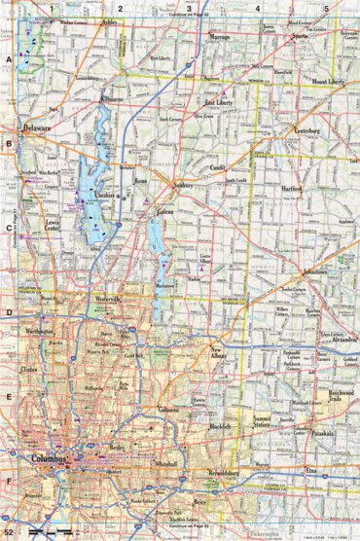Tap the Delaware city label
[38, 127]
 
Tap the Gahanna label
[168, 410]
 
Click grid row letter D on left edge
[8, 313]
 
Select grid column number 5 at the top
[326, 8]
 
